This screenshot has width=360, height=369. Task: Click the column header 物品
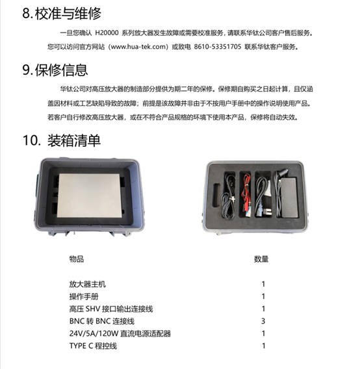point(76,259)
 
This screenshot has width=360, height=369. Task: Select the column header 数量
point(261,259)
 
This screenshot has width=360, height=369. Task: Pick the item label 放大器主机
point(86,285)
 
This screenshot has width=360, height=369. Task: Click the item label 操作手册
point(83,297)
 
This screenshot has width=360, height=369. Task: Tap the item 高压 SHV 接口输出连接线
point(110,309)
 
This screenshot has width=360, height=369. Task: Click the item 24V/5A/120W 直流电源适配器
point(120,334)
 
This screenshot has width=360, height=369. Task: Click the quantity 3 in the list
point(263,322)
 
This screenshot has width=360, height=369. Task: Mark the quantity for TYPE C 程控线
point(263,346)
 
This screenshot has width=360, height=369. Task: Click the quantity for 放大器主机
point(263,285)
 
